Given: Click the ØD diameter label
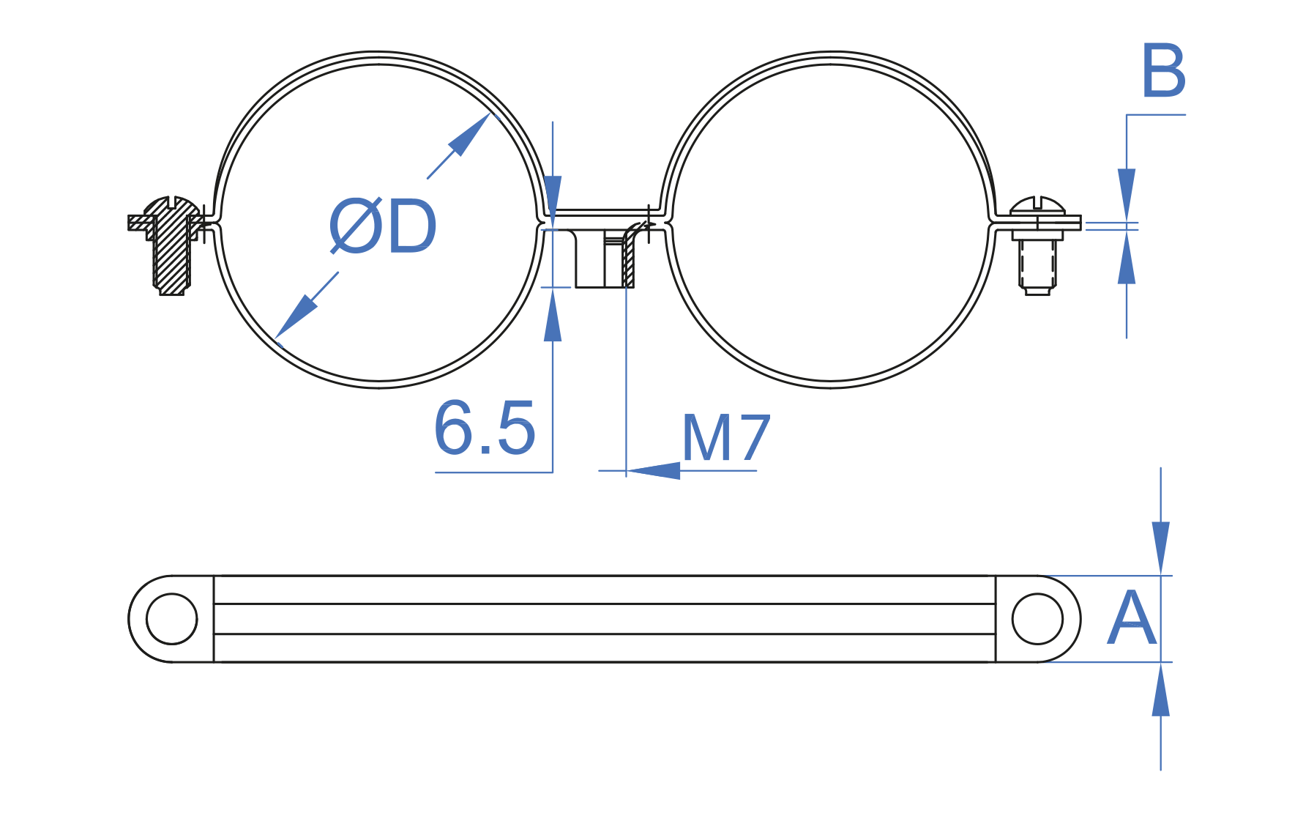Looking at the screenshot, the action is [383, 226].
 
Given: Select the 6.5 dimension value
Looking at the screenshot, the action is [485, 428].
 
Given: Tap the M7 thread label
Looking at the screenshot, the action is [726, 438].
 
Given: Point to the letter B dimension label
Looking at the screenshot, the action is [1163, 71].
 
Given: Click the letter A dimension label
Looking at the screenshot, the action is [1132, 619].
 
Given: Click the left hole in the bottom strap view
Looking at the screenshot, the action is [172, 619].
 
